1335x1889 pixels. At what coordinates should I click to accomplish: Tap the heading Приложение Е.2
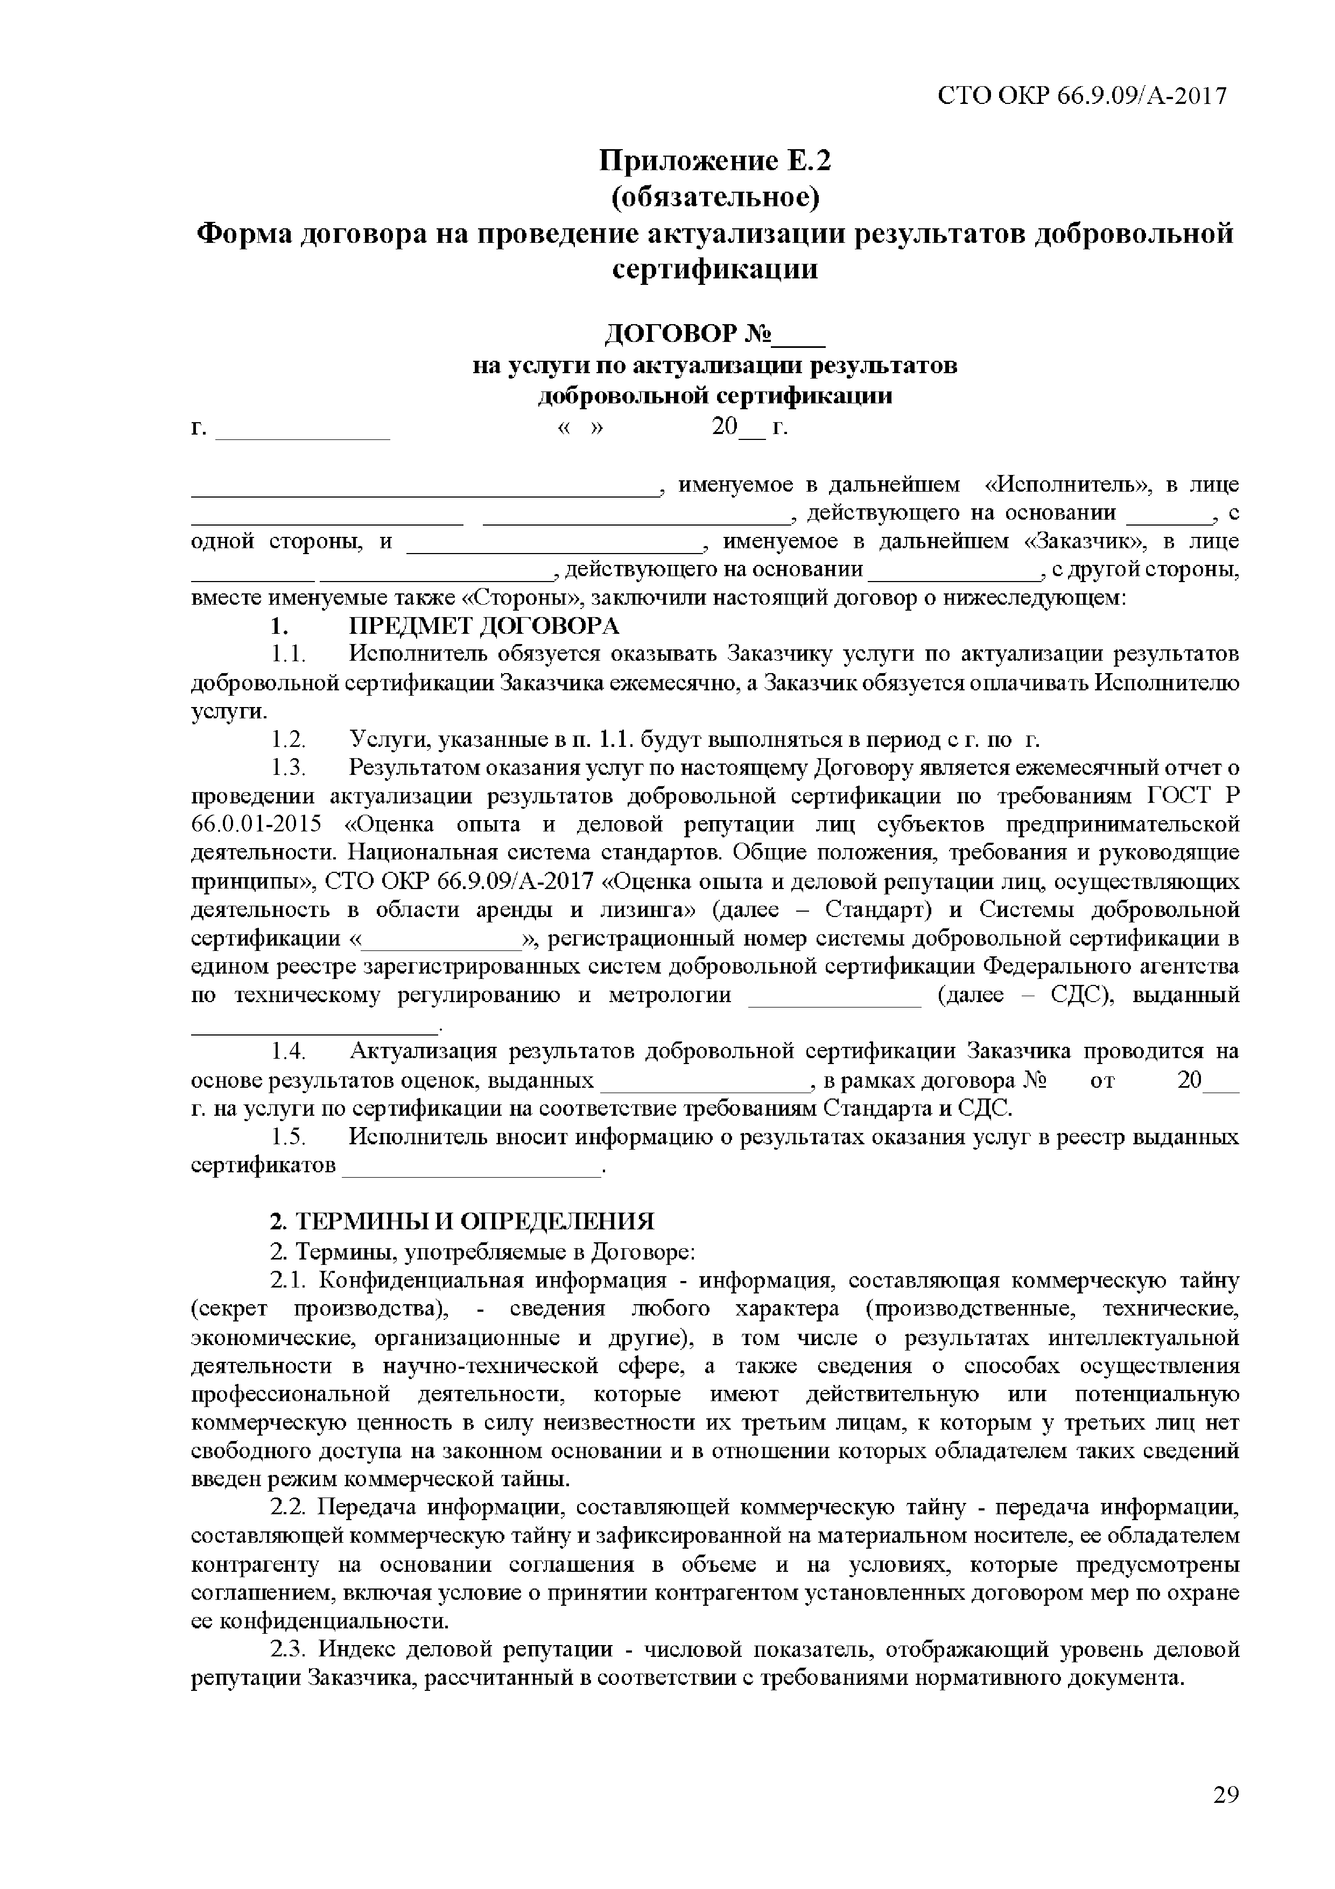pyautogui.click(x=715, y=160)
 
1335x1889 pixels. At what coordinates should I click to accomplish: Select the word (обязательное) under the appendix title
pyautogui.click(x=715, y=198)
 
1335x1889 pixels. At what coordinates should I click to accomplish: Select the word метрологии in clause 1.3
pyautogui.click(x=670, y=996)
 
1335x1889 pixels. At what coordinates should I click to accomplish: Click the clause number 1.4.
pyautogui.click(x=289, y=1052)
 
